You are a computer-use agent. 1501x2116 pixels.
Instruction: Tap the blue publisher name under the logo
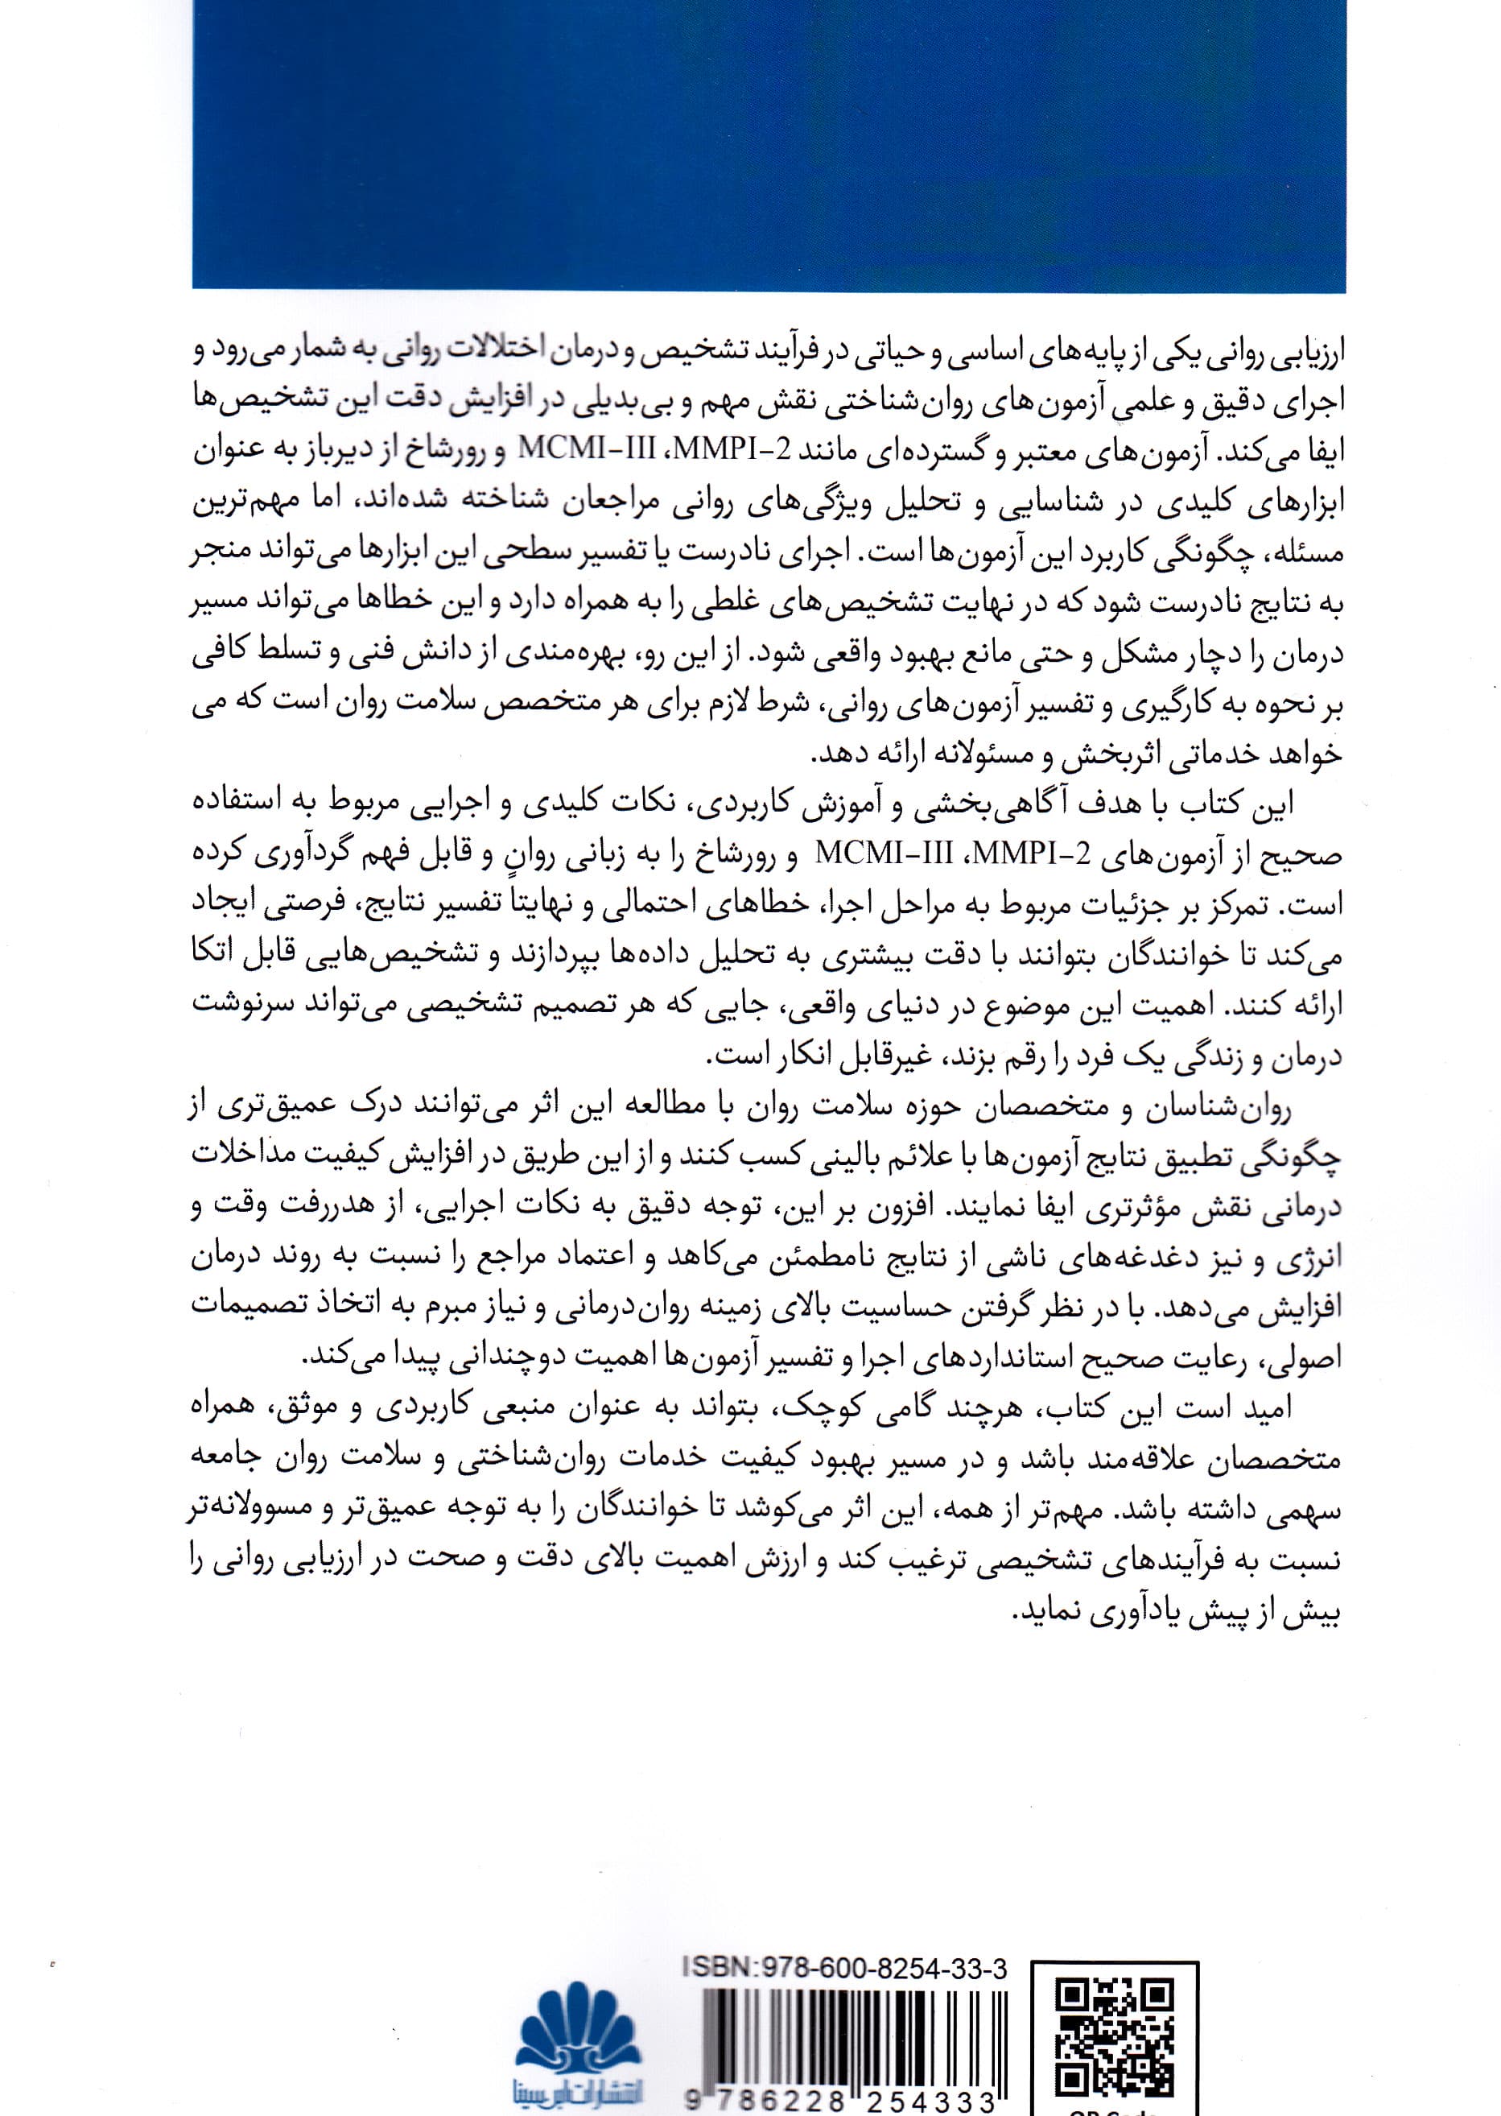click(578, 2090)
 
